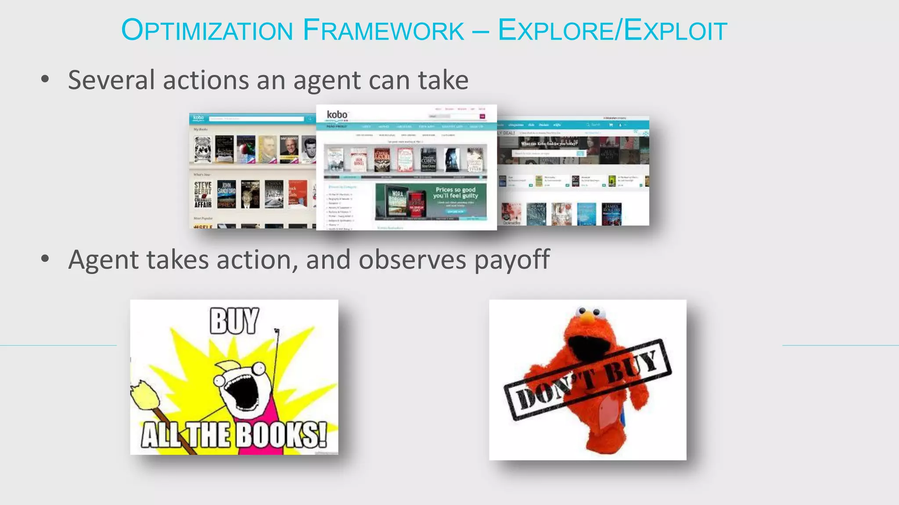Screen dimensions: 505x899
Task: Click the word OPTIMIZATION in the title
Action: [x=207, y=30]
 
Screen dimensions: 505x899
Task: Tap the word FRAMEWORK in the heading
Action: [x=383, y=30]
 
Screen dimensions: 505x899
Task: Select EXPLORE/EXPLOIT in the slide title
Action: [x=612, y=30]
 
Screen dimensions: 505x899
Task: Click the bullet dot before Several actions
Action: [x=45, y=79]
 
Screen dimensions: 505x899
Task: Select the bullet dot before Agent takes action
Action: [x=45, y=259]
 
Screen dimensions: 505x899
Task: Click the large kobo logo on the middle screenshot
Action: [x=337, y=115]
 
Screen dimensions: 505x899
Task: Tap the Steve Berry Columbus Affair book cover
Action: [x=203, y=195]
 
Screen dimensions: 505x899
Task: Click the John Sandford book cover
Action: [x=227, y=194]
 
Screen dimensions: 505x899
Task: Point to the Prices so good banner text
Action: [x=456, y=193]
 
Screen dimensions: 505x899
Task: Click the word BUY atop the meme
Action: [x=234, y=321]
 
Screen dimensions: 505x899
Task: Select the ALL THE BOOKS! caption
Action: [x=234, y=435]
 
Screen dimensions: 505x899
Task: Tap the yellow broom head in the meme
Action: [x=145, y=397]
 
